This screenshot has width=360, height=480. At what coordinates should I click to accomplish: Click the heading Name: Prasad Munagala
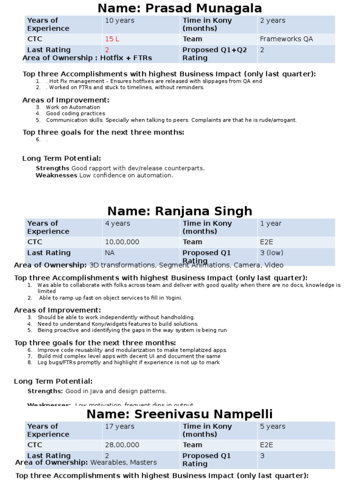coord(180,8)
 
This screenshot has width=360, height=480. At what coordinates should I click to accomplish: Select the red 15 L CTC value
coord(112,39)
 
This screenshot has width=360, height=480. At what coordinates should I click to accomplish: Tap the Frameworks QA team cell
coord(286,39)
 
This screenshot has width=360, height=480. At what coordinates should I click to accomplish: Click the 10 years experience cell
coord(120,21)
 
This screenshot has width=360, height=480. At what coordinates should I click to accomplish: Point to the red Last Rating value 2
coord(107,50)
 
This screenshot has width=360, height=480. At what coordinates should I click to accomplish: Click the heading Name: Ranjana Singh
coord(180,211)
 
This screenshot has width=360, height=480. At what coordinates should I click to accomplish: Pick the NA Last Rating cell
coord(110,253)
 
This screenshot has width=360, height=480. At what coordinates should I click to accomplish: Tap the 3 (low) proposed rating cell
coord(271,253)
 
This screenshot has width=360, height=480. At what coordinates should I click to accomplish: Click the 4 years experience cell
coord(117,224)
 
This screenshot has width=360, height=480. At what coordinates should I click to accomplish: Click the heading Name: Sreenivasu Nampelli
coord(180,414)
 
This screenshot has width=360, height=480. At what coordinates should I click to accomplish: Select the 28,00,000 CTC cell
coord(122,445)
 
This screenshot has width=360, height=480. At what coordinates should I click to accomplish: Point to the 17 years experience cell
coord(120,427)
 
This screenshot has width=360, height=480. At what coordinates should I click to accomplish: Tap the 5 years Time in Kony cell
coord(272,427)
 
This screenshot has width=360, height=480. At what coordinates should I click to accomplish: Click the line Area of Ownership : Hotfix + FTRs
coord(87,58)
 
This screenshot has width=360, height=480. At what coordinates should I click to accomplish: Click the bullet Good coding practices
coord(75,113)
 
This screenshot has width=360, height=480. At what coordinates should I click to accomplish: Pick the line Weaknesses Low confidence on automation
coord(105,175)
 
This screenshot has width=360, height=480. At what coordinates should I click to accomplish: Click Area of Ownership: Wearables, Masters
coord(86,463)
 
